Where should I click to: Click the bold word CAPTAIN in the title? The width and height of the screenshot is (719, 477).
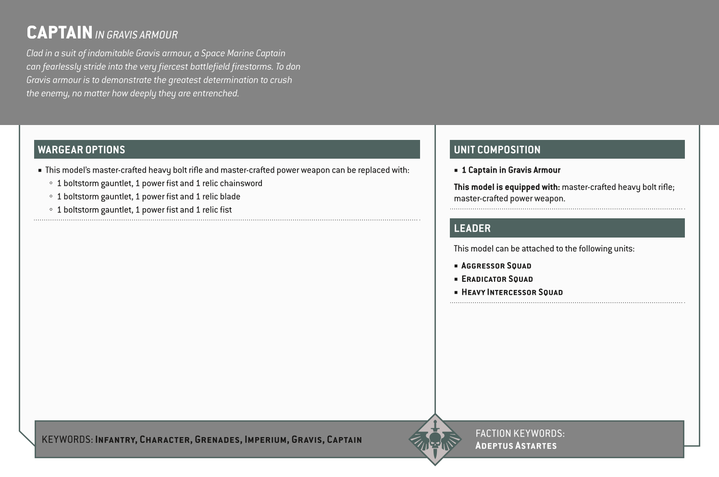[x=59, y=33]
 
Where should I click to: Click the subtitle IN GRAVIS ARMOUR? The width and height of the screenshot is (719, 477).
[x=136, y=35]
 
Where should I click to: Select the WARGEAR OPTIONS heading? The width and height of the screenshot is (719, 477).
[x=81, y=150]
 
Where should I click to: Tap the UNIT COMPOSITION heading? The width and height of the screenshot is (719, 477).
[x=497, y=150]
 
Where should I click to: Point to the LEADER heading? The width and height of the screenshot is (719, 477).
[x=472, y=228]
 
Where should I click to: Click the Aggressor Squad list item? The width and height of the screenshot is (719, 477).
[x=496, y=266]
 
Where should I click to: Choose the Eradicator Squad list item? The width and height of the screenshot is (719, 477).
[x=497, y=279]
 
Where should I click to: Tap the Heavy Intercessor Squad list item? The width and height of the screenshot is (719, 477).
[x=512, y=292]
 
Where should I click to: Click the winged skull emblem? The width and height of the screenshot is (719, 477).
[x=435, y=439]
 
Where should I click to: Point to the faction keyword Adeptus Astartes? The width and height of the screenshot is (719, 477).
[x=516, y=446]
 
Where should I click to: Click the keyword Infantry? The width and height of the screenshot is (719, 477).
[x=116, y=439]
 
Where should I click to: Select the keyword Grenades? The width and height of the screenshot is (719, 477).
[x=217, y=439]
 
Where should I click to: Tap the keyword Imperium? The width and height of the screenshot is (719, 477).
[x=266, y=439]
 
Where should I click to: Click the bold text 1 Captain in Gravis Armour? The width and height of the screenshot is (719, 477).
[x=511, y=170]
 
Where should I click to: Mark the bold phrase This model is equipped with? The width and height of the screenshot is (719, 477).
[x=507, y=187]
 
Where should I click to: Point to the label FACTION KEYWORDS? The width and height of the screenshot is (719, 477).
[x=520, y=433]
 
